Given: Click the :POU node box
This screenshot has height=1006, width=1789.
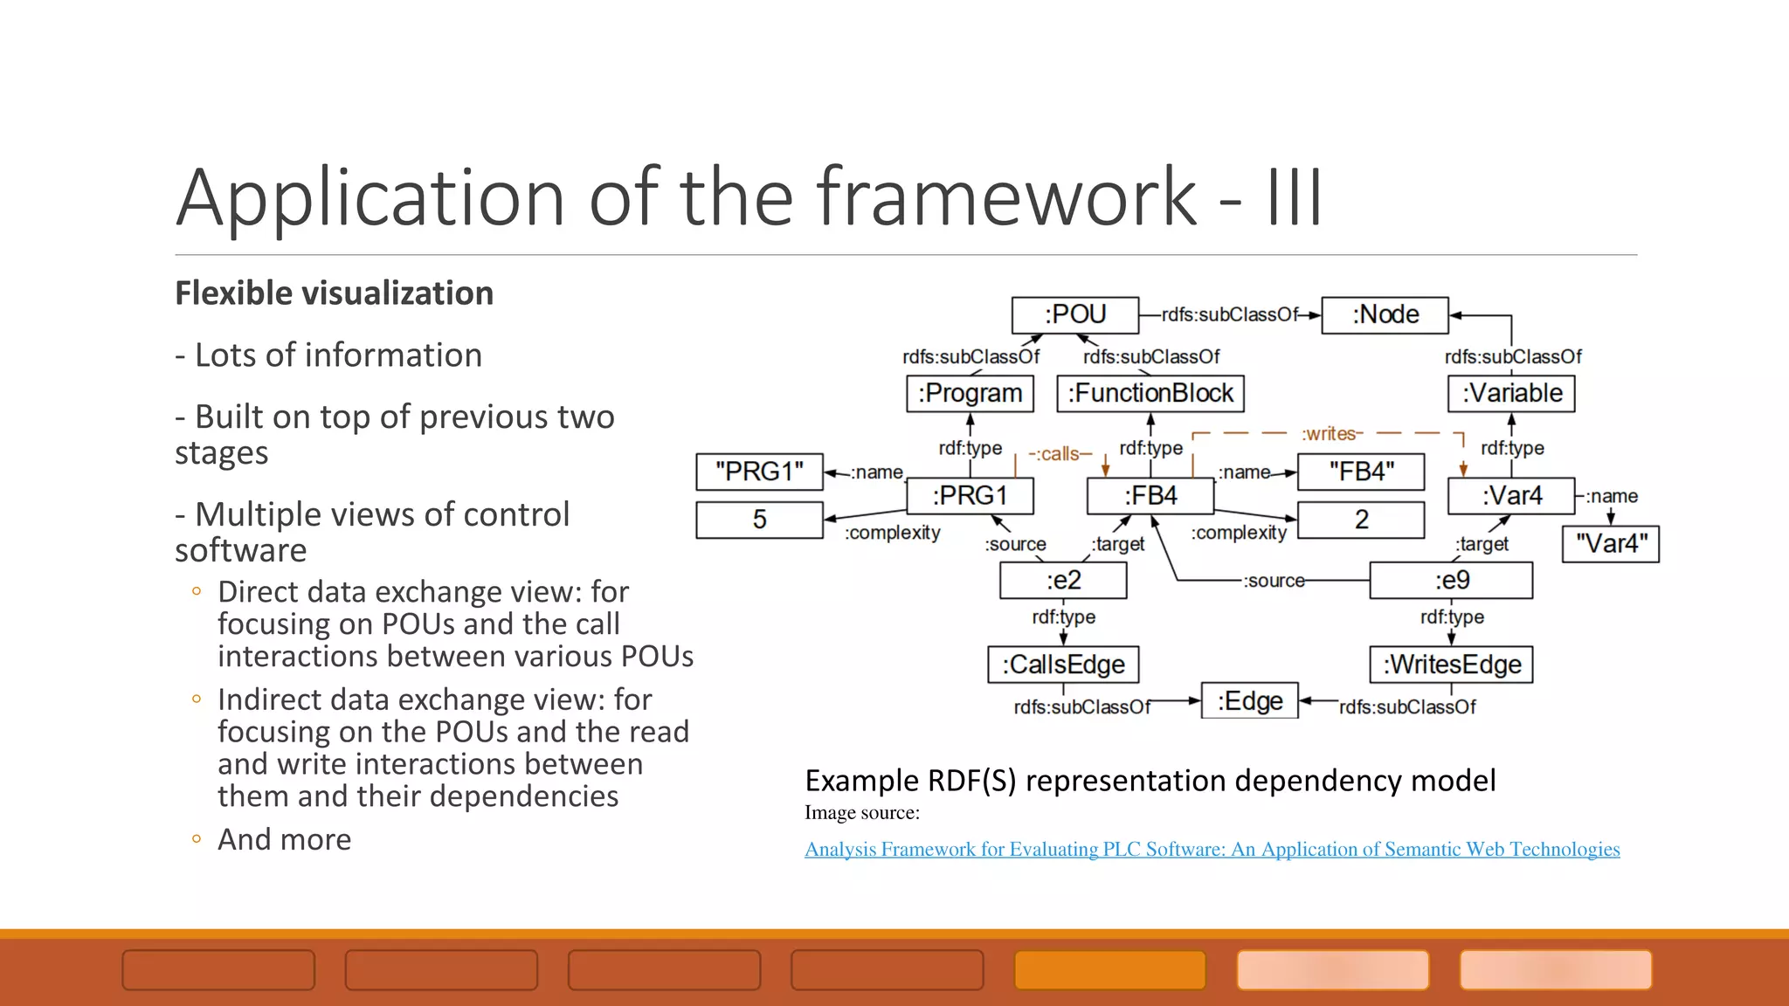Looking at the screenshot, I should (x=1074, y=315).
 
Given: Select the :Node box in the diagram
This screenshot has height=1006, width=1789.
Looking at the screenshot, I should (x=1385, y=315).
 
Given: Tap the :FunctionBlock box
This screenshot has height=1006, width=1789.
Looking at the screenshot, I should (x=1150, y=394).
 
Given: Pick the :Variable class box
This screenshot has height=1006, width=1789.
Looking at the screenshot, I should (x=1511, y=394).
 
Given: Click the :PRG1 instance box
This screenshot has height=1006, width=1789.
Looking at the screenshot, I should (x=970, y=496).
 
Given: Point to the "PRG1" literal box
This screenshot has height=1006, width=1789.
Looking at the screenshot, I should (x=759, y=472).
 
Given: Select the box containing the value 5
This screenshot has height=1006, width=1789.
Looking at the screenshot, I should (x=759, y=520).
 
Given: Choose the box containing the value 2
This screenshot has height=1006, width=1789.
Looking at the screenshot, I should (x=1361, y=520).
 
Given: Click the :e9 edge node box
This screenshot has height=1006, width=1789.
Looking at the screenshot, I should (x=1451, y=581).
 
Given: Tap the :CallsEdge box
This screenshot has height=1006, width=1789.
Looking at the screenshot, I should (x=1063, y=665).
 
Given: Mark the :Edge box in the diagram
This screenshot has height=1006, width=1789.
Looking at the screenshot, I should (x=1249, y=701).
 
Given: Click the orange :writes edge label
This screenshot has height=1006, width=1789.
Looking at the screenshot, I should (x=1330, y=434).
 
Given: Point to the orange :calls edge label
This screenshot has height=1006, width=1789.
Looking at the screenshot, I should (x=1060, y=454).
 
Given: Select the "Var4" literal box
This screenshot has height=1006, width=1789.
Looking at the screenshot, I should (x=1610, y=544).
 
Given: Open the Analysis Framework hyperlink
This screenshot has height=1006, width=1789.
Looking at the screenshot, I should (x=1212, y=850).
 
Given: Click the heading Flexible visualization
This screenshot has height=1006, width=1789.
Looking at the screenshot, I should (x=334, y=293).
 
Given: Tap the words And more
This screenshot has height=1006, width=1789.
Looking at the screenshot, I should (x=284, y=839).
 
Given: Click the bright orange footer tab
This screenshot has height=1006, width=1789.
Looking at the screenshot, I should (x=1109, y=970).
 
